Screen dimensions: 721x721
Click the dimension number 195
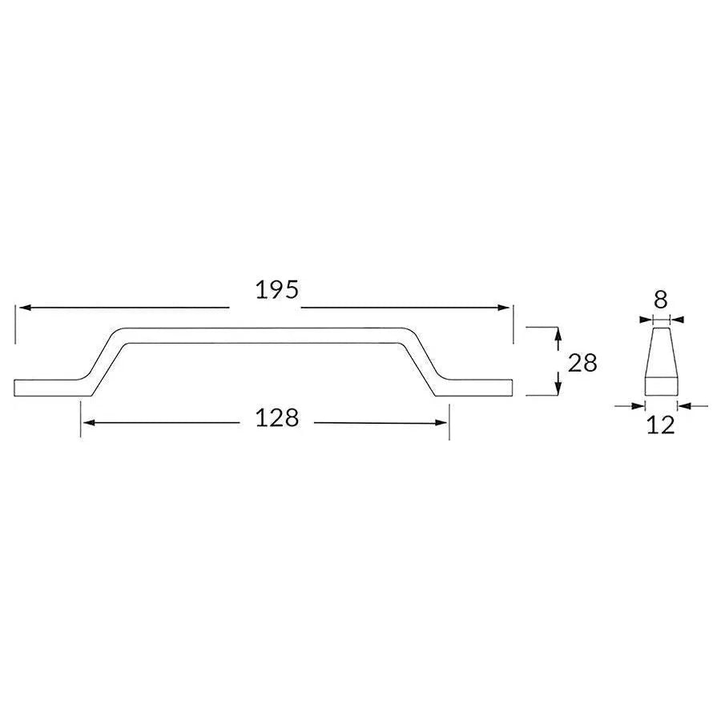[x=277, y=290]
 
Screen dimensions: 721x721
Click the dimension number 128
[x=277, y=418]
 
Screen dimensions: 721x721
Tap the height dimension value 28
[x=582, y=363]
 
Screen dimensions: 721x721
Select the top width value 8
[x=661, y=300]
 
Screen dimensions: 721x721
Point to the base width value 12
[x=661, y=425]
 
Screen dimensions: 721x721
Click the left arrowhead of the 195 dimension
[x=23, y=308]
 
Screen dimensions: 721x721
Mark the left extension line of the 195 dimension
[x=14, y=324]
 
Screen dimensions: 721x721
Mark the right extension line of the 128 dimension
[x=449, y=421]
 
